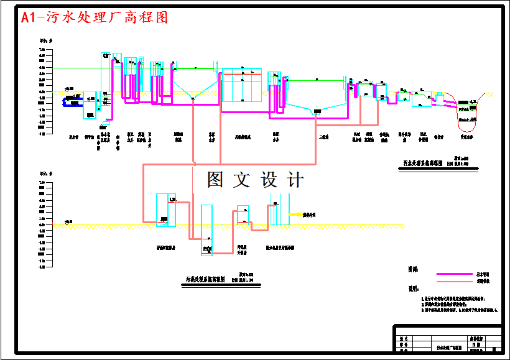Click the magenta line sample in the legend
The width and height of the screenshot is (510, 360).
[455, 274]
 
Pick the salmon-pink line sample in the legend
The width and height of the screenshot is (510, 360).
[455, 281]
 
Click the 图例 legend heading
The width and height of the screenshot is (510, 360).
[412, 269]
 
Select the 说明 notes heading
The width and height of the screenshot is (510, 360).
[412, 289]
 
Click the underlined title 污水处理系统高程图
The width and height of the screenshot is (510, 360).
[422, 164]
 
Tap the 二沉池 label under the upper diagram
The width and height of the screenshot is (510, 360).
[323, 136]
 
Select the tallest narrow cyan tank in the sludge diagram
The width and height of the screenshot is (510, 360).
[206, 228]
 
